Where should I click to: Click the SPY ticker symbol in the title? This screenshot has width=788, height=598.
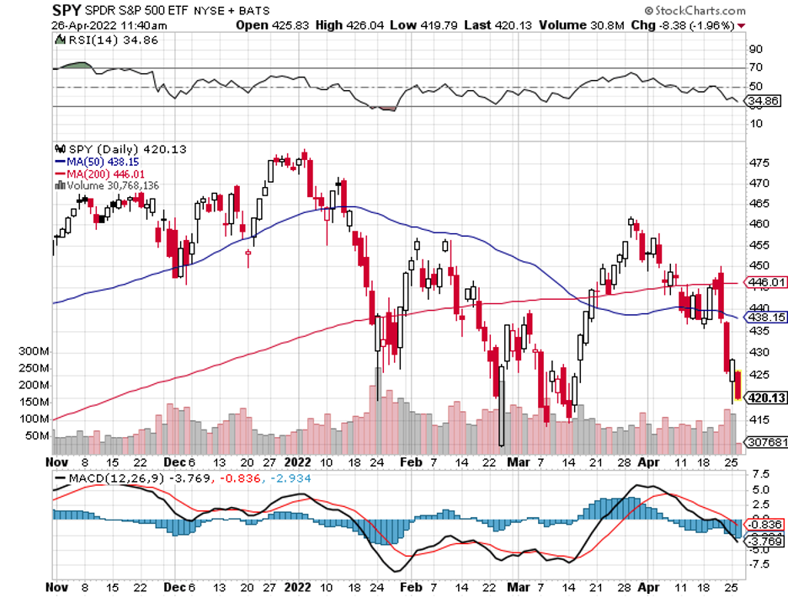pos(68,11)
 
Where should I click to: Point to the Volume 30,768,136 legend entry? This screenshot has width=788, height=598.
pos(110,184)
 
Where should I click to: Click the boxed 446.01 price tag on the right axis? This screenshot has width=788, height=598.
pos(767,283)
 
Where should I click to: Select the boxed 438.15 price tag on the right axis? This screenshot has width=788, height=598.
pos(767,318)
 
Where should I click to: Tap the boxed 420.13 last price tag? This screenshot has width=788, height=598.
pos(767,398)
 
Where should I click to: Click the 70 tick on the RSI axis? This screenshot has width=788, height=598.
pos(756,67)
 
